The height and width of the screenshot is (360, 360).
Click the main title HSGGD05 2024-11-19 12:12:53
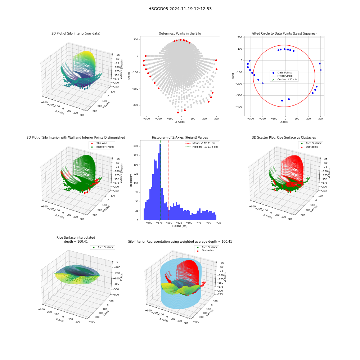click(x=180, y=9)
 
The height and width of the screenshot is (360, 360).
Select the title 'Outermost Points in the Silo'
click(x=180, y=33)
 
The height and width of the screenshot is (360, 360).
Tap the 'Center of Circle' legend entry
click(x=284, y=80)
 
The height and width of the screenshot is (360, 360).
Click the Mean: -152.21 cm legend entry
click(x=201, y=143)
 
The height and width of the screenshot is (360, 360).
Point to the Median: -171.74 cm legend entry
click(x=202, y=147)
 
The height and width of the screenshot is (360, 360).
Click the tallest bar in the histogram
click(x=160, y=182)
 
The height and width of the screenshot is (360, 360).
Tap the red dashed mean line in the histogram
click(x=168, y=180)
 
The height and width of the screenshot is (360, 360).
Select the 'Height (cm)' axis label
click(x=180, y=226)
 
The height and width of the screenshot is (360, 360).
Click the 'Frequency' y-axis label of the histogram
click(x=131, y=180)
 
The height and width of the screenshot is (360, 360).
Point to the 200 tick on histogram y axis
click(x=136, y=146)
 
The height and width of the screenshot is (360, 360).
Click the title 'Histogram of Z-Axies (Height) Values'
click(x=180, y=138)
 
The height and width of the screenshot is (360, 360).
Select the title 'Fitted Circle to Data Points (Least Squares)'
click(x=284, y=33)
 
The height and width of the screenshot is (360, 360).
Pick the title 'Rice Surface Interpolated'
click(x=76, y=238)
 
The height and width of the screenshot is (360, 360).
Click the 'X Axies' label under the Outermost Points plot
click(x=180, y=122)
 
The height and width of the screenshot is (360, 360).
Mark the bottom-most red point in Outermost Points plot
click(x=178, y=112)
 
